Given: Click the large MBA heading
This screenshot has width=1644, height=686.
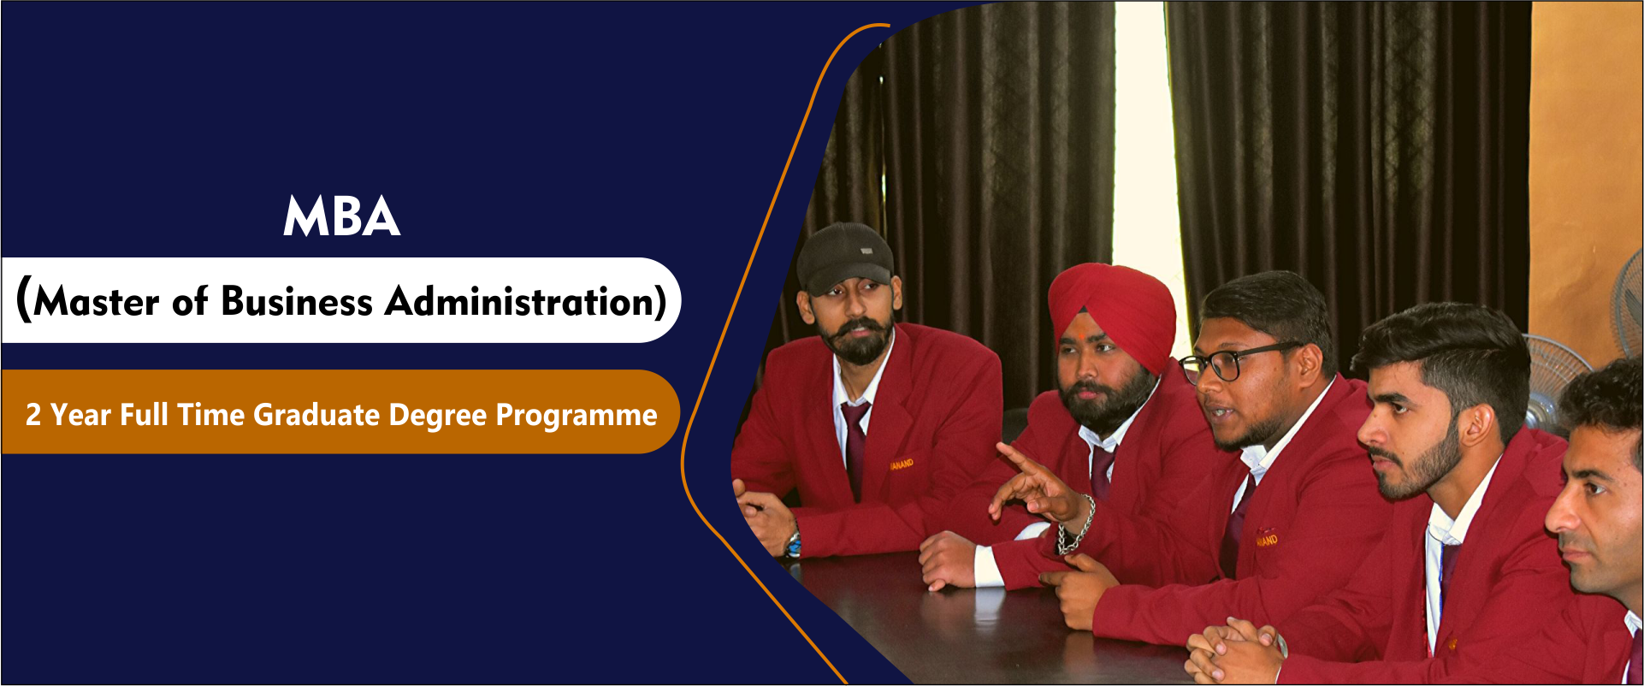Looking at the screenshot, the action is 342,216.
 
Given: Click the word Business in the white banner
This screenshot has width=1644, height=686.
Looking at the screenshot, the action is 297,302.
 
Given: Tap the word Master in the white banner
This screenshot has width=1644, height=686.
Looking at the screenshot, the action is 97,302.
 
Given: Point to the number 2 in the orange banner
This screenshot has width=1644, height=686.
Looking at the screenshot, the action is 33,415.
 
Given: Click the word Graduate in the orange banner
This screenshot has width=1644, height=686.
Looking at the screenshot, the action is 316,415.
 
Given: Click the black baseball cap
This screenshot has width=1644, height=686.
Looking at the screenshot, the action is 844,257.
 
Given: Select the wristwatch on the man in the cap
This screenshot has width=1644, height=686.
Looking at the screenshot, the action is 794,542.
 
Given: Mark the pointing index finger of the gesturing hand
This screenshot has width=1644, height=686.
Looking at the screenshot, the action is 1018,459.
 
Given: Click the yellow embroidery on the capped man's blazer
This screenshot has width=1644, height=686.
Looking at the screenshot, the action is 902,464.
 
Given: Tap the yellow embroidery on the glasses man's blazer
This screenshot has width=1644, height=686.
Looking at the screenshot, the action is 1267,539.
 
